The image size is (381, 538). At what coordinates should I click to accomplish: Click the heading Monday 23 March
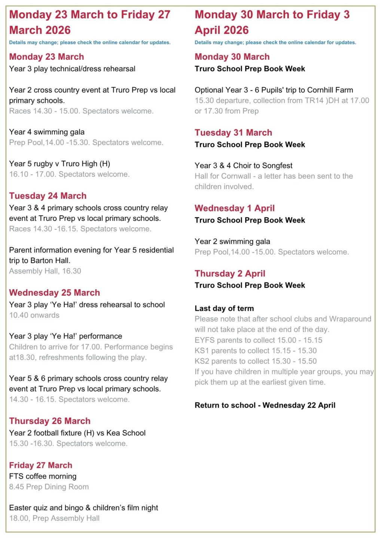(46, 57)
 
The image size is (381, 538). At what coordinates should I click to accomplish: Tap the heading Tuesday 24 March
(48, 196)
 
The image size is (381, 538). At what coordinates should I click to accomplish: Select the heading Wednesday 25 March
(55, 293)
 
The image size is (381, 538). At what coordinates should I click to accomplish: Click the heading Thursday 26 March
(50, 421)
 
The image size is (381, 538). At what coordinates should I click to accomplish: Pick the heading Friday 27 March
(41, 465)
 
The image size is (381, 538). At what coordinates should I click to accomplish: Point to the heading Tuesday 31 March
(233, 133)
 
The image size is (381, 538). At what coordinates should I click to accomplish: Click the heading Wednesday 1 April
(235, 208)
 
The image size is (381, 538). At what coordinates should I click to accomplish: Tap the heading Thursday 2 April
(230, 273)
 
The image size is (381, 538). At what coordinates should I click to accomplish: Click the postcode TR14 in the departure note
(313, 101)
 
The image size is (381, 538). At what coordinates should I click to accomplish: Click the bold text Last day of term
(224, 309)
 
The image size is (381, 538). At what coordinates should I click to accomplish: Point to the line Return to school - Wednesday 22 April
(265, 405)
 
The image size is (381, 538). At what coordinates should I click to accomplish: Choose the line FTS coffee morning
(43, 476)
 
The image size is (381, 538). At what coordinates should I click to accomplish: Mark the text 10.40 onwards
(34, 315)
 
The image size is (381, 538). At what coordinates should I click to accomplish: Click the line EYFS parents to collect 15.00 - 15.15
(258, 340)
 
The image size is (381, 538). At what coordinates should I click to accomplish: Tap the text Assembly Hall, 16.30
(45, 271)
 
